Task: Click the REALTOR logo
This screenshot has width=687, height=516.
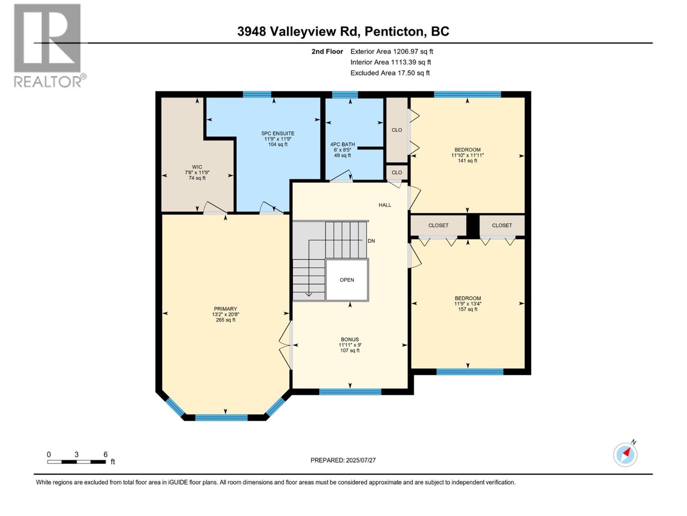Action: pos(48,45)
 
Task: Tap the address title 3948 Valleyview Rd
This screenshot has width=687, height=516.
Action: pos(343,31)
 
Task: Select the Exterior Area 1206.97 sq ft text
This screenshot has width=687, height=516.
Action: pos(392,51)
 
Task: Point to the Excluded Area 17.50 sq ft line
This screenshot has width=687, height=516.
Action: pos(390,73)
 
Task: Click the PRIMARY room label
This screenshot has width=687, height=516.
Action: pos(225,314)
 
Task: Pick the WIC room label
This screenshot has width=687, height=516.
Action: pos(197,172)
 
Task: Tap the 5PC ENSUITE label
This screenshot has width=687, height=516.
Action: pos(278,139)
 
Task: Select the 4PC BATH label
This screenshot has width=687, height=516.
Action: pos(342,150)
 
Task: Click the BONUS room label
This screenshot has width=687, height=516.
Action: pos(350,345)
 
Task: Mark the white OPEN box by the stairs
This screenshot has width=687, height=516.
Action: pos(347,280)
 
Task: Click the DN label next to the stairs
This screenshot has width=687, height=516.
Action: pos(371,241)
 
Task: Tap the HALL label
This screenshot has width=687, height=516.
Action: pos(385,205)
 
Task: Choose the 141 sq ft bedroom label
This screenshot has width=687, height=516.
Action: pos(467,155)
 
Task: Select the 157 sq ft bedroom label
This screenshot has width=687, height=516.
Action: pos(468,304)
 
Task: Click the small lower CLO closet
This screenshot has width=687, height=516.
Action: pos(397,172)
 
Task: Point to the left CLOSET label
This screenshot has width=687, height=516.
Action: pos(438,225)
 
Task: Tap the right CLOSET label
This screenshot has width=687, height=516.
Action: pos(502,225)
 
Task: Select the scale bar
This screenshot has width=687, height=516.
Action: pos(76,462)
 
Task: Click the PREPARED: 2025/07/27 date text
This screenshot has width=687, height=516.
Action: pos(343,460)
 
